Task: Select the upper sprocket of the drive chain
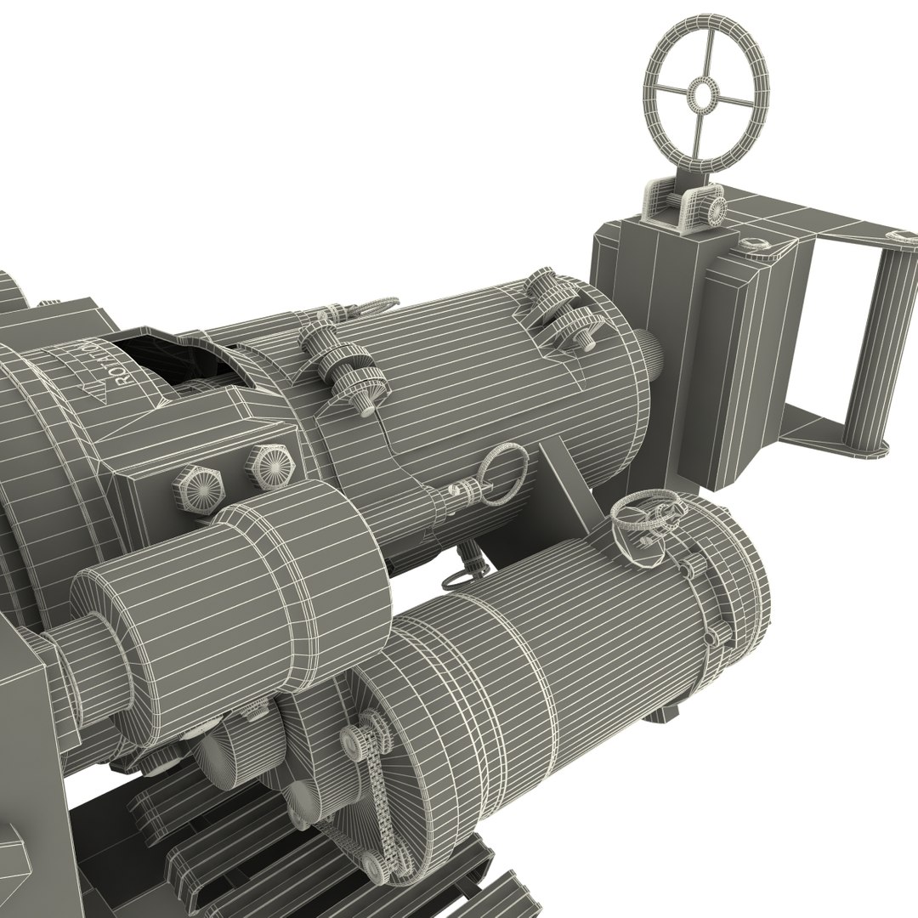352,736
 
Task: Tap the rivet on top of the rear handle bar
897,235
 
